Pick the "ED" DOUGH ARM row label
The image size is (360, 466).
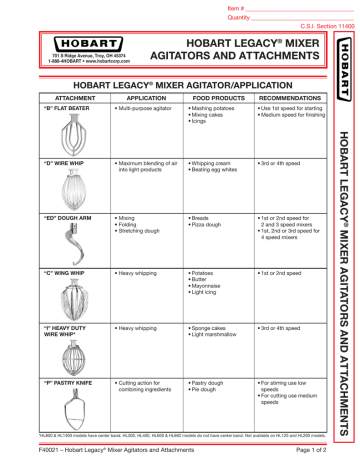(x=61, y=214)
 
